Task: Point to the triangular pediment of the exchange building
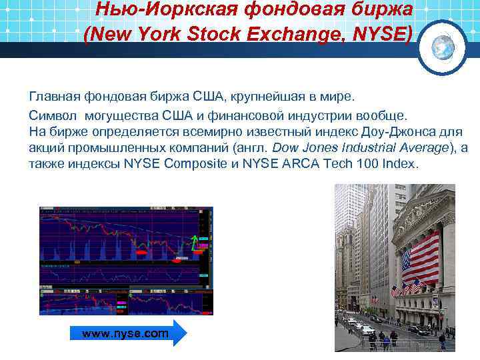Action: pos(417,219)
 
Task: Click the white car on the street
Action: pos(367,329)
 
